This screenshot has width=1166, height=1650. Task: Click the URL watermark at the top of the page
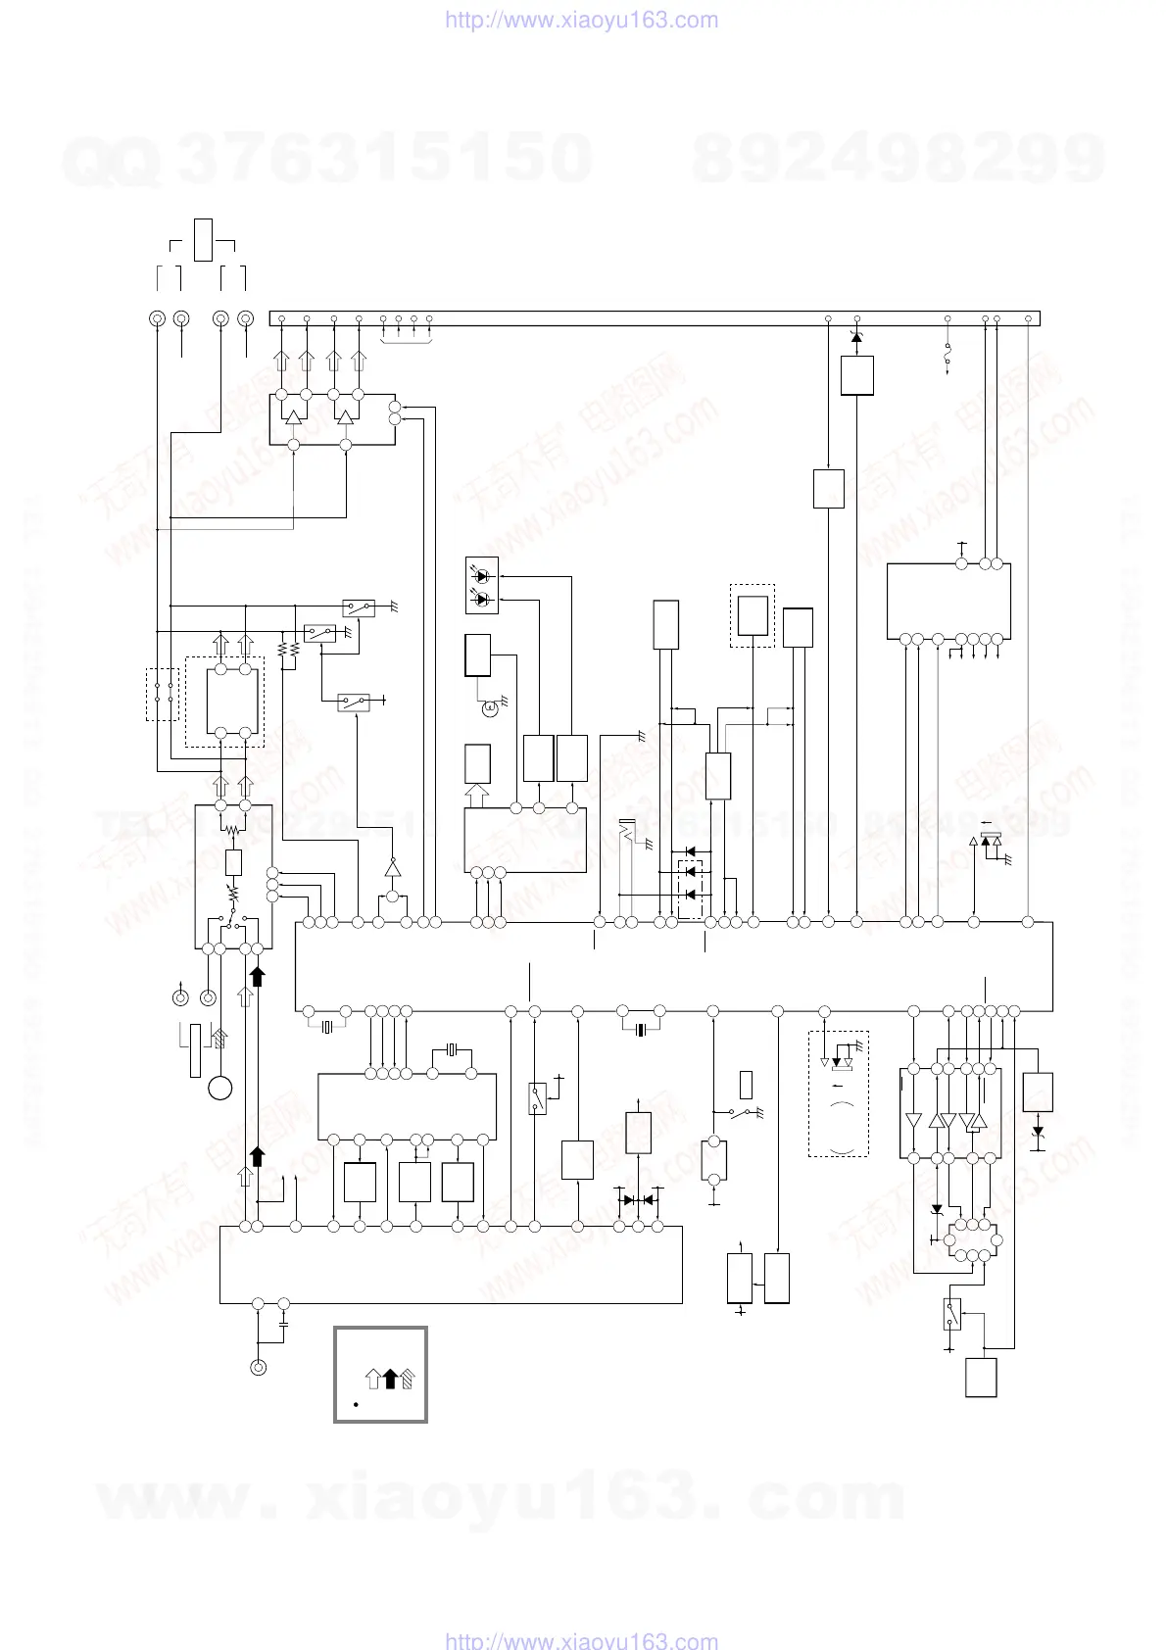tap(581, 21)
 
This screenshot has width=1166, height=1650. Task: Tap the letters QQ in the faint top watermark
tap(110, 160)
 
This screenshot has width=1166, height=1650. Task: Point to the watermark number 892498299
tap(898, 158)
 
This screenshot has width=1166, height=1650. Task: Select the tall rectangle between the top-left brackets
tap(203, 240)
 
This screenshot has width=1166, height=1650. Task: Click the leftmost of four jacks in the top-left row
tap(156, 318)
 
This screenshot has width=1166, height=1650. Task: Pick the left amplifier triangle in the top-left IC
tap(293, 417)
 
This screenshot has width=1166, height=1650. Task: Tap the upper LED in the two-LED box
tap(481, 577)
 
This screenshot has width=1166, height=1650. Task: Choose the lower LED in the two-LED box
tap(481, 599)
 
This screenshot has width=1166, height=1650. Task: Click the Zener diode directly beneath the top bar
tap(857, 338)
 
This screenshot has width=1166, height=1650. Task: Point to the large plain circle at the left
tap(219, 1088)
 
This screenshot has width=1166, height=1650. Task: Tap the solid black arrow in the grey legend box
tap(389, 1379)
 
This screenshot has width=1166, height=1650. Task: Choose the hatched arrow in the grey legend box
tap(407, 1379)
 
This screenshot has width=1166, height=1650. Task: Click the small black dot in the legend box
tap(357, 1404)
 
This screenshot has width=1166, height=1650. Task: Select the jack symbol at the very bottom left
tap(259, 1368)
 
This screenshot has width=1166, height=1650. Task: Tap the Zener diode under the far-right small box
tap(1038, 1131)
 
